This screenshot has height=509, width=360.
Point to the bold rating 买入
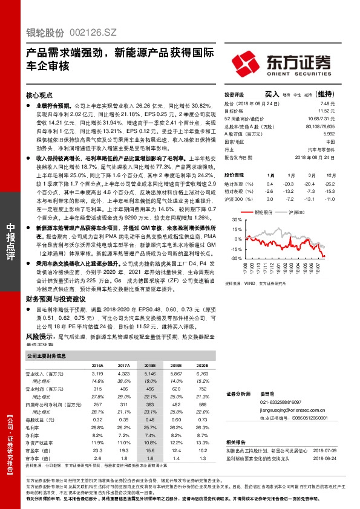click(272, 94)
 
